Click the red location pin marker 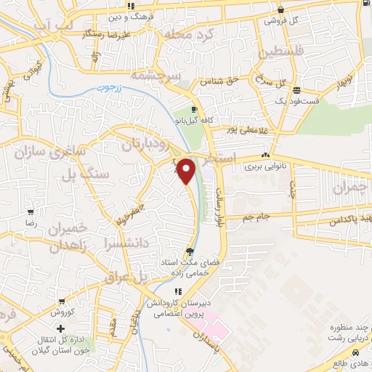tap(187, 170)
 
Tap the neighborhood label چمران tap(352, 188)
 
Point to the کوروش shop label tap(65, 312)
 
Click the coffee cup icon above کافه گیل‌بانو tap(194, 109)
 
